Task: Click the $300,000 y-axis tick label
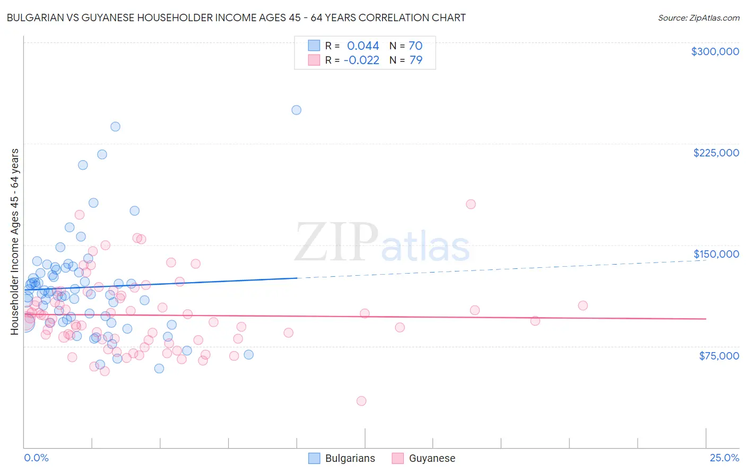[x=715, y=51]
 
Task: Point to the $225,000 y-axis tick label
[x=716, y=153]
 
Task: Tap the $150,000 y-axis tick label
[x=716, y=254]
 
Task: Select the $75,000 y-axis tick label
[x=718, y=356]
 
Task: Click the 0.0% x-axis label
[x=36, y=458]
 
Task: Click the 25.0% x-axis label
[x=724, y=458]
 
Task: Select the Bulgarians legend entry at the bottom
[x=350, y=459]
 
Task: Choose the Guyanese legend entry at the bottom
[x=432, y=459]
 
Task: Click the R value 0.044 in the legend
[x=363, y=46]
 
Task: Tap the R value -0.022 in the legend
[x=361, y=60]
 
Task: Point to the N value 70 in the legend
[x=415, y=46]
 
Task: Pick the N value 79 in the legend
[x=416, y=60]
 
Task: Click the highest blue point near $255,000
[x=297, y=110]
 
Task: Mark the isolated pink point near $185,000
[x=471, y=204]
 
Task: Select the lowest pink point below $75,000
[x=361, y=401]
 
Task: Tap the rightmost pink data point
[x=583, y=305]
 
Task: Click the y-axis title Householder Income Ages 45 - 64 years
[x=15, y=242]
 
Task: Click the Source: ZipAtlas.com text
[x=698, y=18]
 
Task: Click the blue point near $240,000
[x=115, y=127]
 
